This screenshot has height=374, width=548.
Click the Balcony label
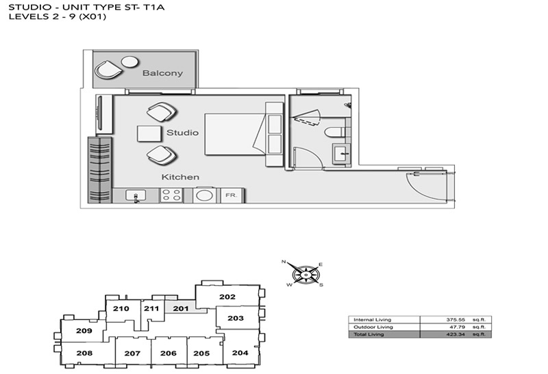pos(162,73)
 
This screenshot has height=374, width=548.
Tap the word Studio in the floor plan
pos(182,133)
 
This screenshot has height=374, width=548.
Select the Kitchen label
pos(180,177)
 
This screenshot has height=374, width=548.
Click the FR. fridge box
pos(231,196)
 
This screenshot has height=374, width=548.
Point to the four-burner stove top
pos(172,196)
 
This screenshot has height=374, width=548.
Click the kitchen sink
pos(136,196)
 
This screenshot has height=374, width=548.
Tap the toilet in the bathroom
pos(336,132)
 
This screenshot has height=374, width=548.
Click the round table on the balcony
pos(129,62)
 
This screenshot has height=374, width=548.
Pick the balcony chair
pos(109,70)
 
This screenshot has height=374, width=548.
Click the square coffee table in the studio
pos(149,133)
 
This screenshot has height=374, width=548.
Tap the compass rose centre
pos(306,275)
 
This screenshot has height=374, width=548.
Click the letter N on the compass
pos(284,261)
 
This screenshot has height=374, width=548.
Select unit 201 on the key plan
pos(181,308)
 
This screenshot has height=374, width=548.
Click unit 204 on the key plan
pos(240,353)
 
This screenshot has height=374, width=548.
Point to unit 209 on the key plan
pos(84,330)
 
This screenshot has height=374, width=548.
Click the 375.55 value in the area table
pos(456,319)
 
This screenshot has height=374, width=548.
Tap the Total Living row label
pos(369,334)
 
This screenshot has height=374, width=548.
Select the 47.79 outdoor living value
pos(457,327)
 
